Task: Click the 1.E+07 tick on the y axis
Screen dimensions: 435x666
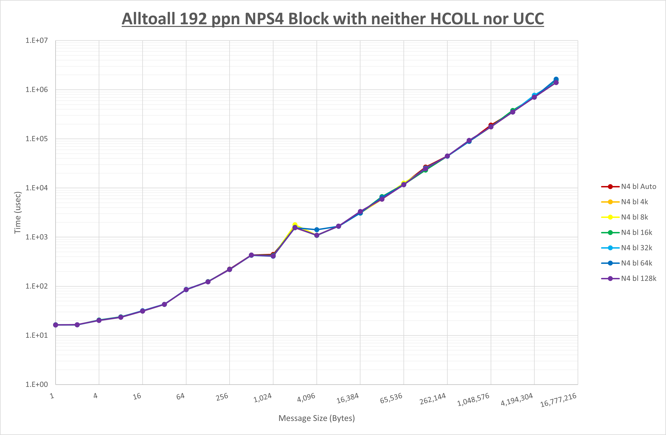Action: [37, 41]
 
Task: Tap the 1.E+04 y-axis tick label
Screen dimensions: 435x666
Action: [37, 188]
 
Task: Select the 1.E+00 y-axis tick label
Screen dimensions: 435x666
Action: [37, 384]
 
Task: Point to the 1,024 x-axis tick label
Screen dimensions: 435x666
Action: [263, 398]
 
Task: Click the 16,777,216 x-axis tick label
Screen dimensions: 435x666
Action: [558, 400]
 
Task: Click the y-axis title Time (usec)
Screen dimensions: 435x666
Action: [18, 213]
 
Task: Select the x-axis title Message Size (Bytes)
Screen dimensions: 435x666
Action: [316, 418]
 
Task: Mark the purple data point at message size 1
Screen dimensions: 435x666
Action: [55, 325]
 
